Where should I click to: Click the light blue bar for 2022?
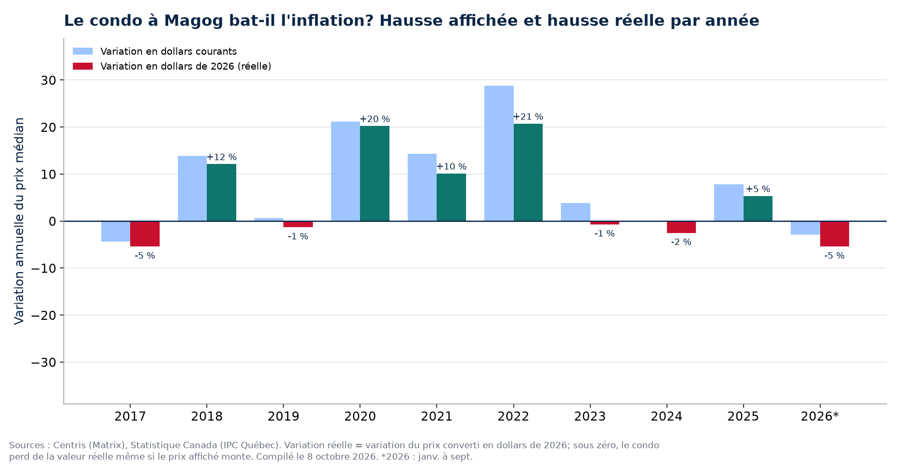tap(499, 153)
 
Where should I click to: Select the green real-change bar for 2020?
tap(374, 173)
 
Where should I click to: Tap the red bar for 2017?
tap(145, 234)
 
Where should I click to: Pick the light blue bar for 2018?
tap(192, 189)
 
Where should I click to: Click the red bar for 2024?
tap(681, 227)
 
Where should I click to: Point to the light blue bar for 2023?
tap(575, 212)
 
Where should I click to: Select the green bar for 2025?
tap(757, 208)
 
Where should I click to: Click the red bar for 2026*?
tap(835, 234)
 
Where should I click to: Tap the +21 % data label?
tap(528, 117)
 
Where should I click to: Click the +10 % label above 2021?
tap(451, 167)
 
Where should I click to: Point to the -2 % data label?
tap(681, 242)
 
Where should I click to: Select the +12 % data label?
tap(221, 157)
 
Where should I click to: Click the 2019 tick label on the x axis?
tap(283, 416)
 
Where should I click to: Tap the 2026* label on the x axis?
tap(820, 416)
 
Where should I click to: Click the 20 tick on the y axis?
tap(49, 127)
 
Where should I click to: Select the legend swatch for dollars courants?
tap(82, 51)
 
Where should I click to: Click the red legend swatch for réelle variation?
tap(82, 66)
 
